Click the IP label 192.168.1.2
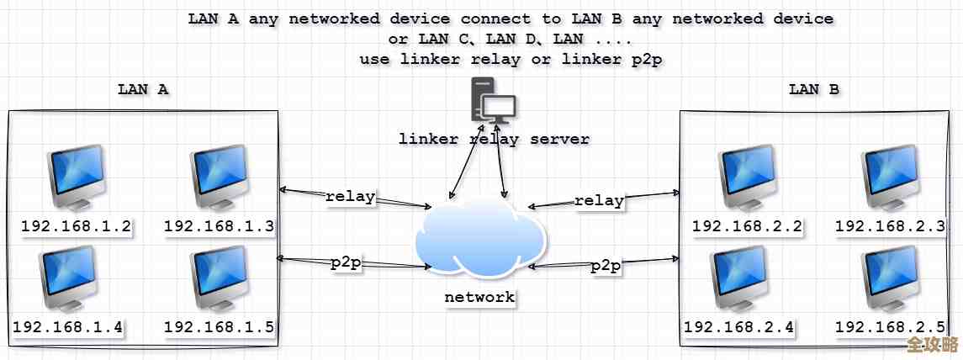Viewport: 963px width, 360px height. pos(76,226)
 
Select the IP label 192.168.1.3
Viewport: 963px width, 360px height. pos(219,226)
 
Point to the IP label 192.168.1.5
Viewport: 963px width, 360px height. pos(219,327)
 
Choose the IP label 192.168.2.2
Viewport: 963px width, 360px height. pos(747,226)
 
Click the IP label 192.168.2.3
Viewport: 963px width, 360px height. pos(890,226)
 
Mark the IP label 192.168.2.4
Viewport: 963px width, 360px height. pos(739,327)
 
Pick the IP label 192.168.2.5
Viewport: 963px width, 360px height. pos(890,327)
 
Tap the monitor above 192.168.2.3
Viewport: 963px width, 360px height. pos(891,177)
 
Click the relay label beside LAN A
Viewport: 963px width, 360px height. pos(350,198)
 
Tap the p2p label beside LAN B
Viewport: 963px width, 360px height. pos(606,267)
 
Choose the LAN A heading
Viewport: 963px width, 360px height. pos(143,89)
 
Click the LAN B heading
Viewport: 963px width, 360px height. pos(813,89)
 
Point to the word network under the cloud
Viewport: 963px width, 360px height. pos(479,297)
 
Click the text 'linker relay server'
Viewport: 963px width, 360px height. pos(494,139)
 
